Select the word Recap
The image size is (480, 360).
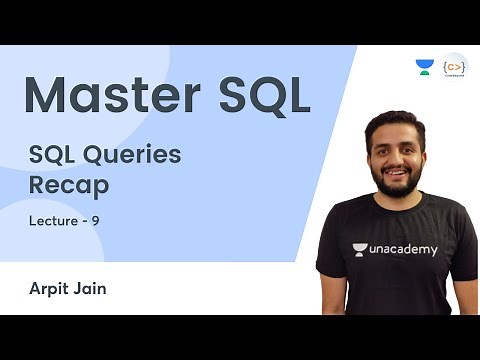pyautogui.click(x=68, y=184)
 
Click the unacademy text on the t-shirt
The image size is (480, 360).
pyautogui.click(x=401, y=249)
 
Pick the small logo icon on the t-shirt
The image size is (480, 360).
pyautogui.click(x=359, y=249)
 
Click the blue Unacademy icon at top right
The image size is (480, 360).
pyautogui.click(x=425, y=67)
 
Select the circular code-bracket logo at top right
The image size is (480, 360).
pyautogui.click(x=455, y=66)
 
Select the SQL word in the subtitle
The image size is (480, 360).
pyautogui.click(x=52, y=154)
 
